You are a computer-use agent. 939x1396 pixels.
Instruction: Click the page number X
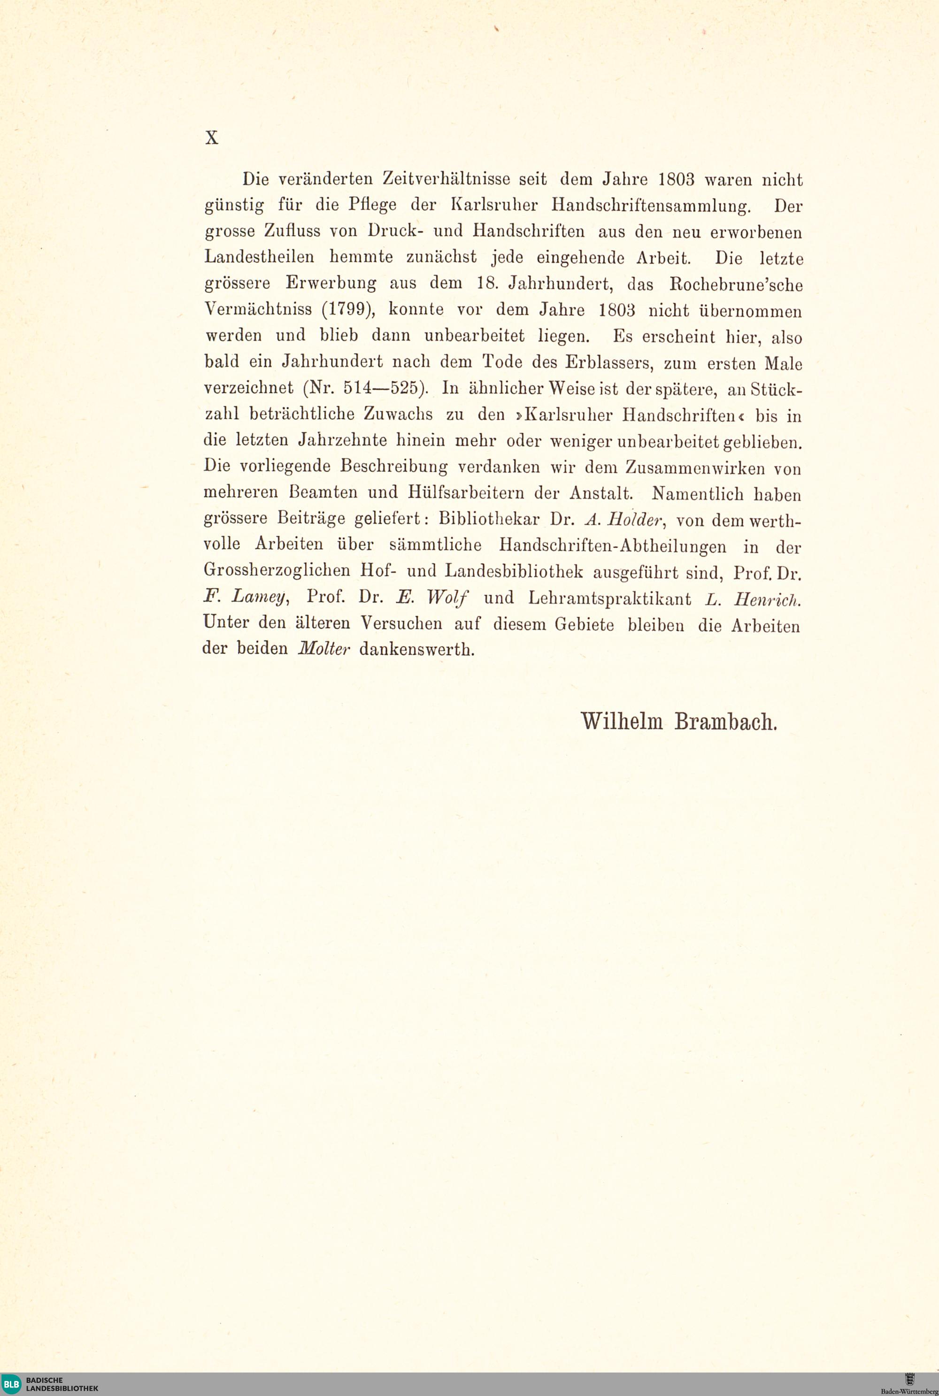pos(211,138)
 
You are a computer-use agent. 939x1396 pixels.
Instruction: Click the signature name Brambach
pos(725,722)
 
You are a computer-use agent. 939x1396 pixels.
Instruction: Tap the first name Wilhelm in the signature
pos(622,721)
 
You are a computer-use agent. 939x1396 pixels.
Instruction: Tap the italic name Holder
pos(633,520)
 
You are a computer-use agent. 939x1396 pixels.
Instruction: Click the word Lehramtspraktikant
pos(609,598)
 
